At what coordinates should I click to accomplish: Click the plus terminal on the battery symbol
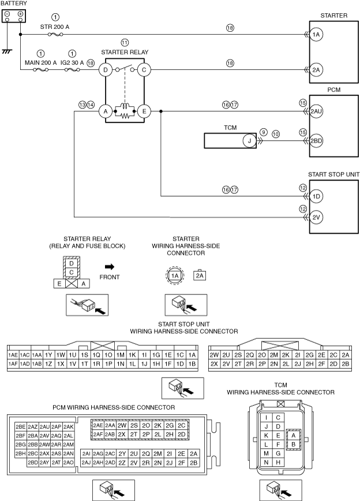pyautogui.click(x=20, y=14)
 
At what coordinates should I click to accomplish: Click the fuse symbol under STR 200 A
pyautogui.click(x=55, y=34)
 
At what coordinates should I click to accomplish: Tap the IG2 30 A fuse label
pyautogui.click(x=72, y=62)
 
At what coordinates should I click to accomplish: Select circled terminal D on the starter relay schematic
pyautogui.click(x=106, y=70)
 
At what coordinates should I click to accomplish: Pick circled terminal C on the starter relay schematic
pyautogui.click(x=144, y=70)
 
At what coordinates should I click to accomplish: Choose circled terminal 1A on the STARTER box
pyautogui.click(x=316, y=35)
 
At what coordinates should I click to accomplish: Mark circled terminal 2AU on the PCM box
pyautogui.click(x=316, y=111)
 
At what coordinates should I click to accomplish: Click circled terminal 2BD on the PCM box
pyautogui.click(x=316, y=141)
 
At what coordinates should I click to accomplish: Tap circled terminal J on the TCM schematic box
pyautogui.click(x=249, y=141)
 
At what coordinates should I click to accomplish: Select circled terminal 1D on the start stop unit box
pyautogui.click(x=316, y=196)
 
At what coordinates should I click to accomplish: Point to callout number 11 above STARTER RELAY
pyautogui.click(x=125, y=43)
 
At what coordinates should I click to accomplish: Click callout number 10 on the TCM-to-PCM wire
pyautogui.click(x=276, y=134)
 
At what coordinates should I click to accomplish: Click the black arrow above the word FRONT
pyautogui.click(x=110, y=267)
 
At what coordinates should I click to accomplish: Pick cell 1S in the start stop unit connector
pyautogui.click(x=84, y=355)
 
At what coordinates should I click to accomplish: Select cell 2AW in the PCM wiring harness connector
pyautogui.click(x=44, y=444)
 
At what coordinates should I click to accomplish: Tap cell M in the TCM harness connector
pyautogui.click(x=266, y=454)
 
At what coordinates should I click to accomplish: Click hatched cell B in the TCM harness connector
pyautogui.click(x=293, y=444)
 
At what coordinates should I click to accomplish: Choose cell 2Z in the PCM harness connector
pyautogui.click(x=122, y=463)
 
